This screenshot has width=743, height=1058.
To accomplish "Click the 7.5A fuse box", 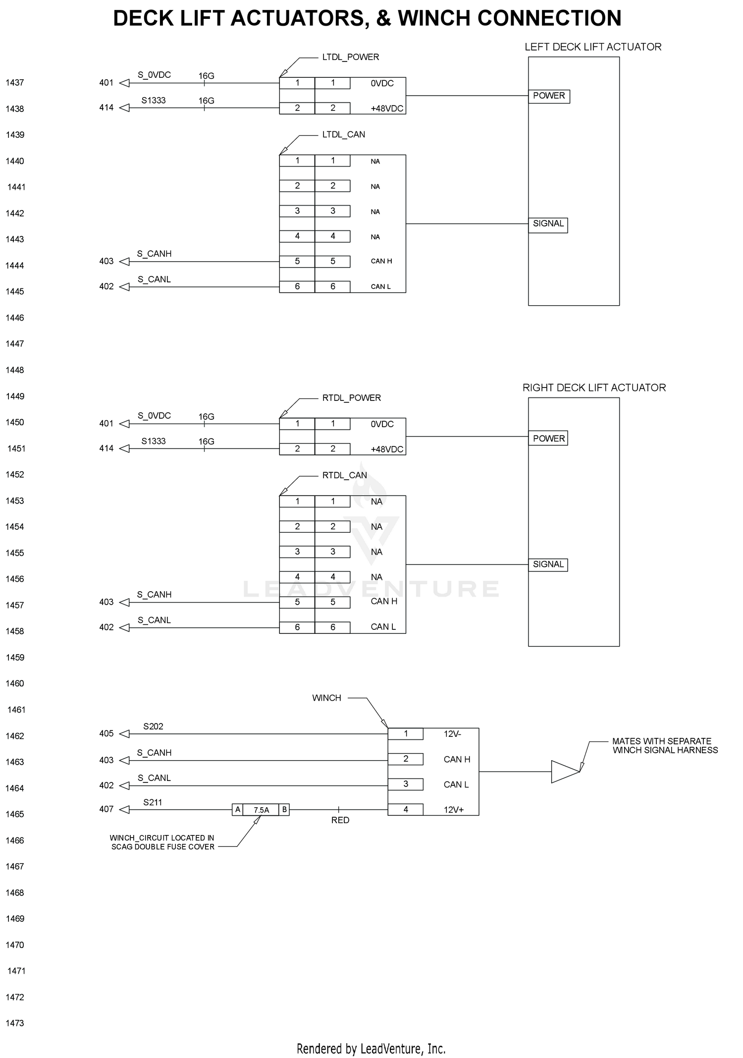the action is (x=261, y=810).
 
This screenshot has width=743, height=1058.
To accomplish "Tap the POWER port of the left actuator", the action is (x=549, y=96).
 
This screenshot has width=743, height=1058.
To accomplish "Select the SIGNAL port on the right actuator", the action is (x=548, y=565).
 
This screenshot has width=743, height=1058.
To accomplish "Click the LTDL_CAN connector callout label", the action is (x=344, y=135).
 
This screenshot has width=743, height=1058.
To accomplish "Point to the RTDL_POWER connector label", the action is (x=352, y=398).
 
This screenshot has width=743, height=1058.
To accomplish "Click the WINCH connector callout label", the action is (x=326, y=698).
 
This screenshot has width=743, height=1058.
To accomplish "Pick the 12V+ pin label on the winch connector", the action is (x=454, y=810).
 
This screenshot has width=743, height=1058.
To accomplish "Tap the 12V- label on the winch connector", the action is (x=452, y=734).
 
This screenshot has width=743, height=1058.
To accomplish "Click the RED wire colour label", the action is (x=340, y=820).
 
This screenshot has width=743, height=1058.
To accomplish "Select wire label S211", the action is (x=153, y=802).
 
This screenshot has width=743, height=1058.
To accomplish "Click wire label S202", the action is (x=153, y=726).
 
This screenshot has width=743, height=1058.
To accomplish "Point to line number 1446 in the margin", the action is (x=15, y=318).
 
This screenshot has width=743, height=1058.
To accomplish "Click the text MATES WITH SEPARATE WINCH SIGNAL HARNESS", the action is (x=665, y=746).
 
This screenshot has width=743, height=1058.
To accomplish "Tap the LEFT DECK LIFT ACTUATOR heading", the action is (x=593, y=47).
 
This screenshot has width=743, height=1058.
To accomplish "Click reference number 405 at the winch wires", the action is (x=106, y=733).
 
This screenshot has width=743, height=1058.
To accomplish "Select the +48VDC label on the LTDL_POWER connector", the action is (x=387, y=109).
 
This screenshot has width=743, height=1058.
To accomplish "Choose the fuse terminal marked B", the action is (x=284, y=810).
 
